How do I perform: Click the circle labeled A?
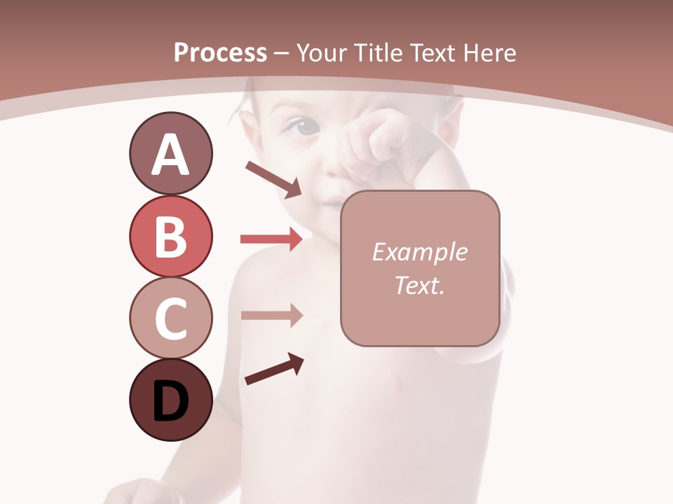[x=170, y=153]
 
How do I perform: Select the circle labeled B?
[x=170, y=236]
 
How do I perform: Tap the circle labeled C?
[x=170, y=318]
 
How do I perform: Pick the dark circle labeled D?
[x=170, y=400]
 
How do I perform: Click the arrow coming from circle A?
[x=273, y=179]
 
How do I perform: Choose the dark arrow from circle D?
[x=274, y=369]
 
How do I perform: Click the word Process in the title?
[x=220, y=53]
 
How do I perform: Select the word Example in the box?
[x=419, y=252]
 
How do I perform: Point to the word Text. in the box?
[x=419, y=285]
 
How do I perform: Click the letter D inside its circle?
[x=170, y=402]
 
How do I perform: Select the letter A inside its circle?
[x=170, y=155]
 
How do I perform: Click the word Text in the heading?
[x=432, y=53]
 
